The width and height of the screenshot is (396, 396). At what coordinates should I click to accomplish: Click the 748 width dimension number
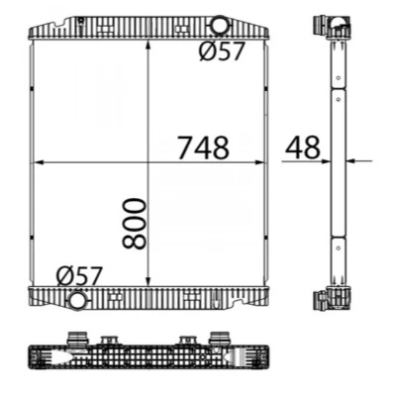[203, 148]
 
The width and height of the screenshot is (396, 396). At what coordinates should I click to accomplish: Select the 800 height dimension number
[134, 223]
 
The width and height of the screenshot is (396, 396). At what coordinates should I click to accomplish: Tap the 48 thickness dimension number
[303, 147]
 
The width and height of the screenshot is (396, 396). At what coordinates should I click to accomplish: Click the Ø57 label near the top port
[222, 51]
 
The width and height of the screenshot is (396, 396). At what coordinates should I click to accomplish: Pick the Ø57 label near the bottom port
[79, 276]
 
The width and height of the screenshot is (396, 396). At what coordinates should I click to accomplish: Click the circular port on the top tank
[219, 25]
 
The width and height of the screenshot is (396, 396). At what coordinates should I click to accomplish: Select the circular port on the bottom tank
[78, 300]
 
